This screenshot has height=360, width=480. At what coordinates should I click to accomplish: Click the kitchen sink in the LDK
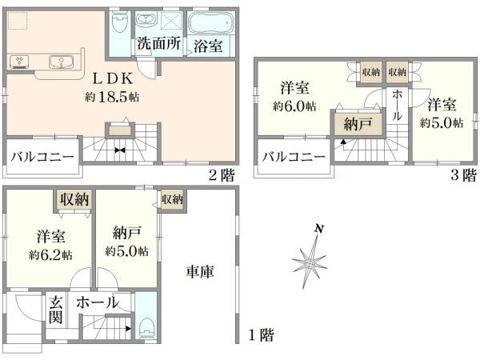point(60,62)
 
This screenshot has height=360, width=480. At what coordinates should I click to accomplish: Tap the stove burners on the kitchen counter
point(19,60)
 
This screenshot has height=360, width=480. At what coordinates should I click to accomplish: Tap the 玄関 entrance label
point(56,310)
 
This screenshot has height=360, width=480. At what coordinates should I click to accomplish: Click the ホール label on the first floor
point(98,302)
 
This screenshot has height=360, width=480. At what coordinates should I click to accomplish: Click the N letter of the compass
point(319,229)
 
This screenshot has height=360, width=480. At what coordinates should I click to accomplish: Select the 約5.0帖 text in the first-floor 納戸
point(126,251)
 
